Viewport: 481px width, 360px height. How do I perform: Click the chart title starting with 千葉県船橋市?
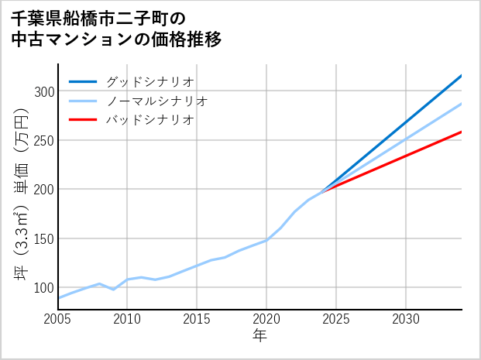(x=116, y=29)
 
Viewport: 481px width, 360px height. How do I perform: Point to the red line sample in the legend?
(x=83, y=120)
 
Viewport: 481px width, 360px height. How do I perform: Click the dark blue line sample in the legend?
(x=83, y=81)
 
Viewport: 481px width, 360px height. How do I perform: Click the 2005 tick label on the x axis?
(x=58, y=319)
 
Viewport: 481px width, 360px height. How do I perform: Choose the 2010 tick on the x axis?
(x=128, y=319)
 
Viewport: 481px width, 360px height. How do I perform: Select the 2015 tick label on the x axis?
(x=198, y=319)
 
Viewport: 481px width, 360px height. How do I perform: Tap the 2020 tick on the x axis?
(x=266, y=319)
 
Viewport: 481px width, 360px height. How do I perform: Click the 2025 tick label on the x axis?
(x=336, y=319)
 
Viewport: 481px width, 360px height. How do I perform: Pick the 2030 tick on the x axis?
(x=406, y=319)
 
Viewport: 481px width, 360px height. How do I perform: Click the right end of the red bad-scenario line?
(x=461, y=132)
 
